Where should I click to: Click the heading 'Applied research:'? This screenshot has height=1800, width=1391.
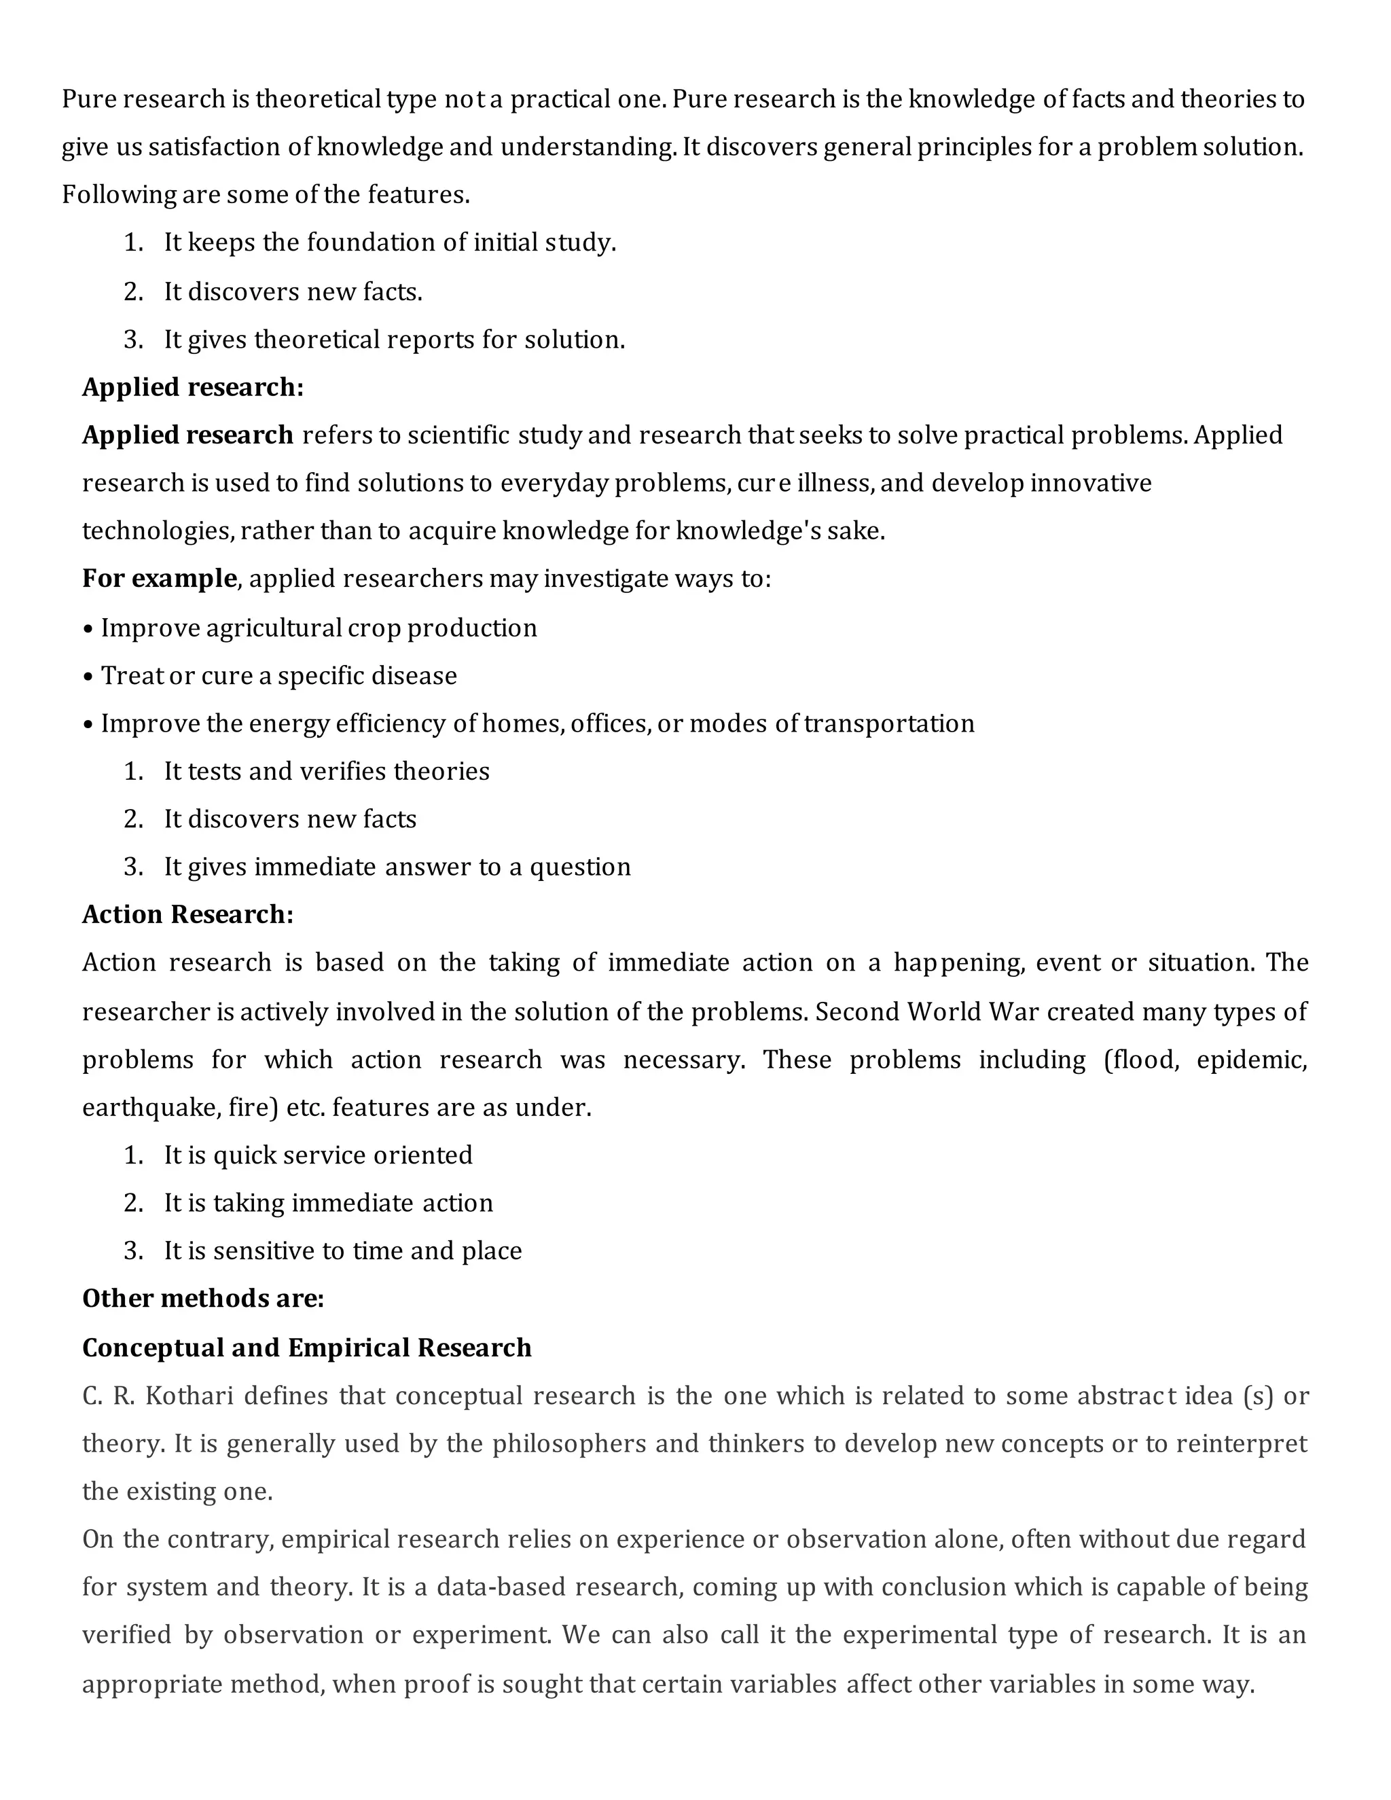click(x=193, y=387)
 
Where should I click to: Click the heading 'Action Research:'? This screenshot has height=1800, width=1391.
click(x=188, y=915)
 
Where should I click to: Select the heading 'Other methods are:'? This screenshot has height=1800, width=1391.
click(x=202, y=1299)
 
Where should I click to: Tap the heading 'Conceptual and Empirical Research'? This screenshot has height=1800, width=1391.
click(x=306, y=1348)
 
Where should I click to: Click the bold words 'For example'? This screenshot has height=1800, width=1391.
click(x=159, y=579)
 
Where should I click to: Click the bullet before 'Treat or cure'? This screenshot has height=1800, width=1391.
click(x=88, y=677)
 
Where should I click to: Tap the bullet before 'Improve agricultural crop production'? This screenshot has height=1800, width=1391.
click(x=88, y=630)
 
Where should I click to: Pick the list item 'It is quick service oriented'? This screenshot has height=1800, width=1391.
click(x=318, y=1155)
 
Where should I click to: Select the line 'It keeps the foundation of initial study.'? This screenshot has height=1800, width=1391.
click(x=390, y=242)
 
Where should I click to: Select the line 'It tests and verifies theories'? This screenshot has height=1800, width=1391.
click(x=326, y=772)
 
